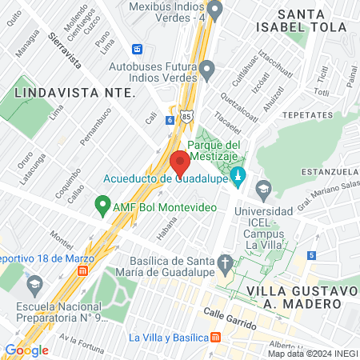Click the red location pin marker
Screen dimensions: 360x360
[x=180, y=162]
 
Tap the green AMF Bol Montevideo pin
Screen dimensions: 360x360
[x=102, y=206]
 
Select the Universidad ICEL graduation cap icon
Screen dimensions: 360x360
[x=262, y=191]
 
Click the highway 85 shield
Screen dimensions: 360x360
[x=186, y=116]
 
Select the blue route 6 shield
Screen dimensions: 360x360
[x=170, y=120]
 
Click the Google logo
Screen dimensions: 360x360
[x=26, y=350]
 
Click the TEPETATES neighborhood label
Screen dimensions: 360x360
[x=314, y=114]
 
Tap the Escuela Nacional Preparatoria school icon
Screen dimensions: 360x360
[x=34, y=284]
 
